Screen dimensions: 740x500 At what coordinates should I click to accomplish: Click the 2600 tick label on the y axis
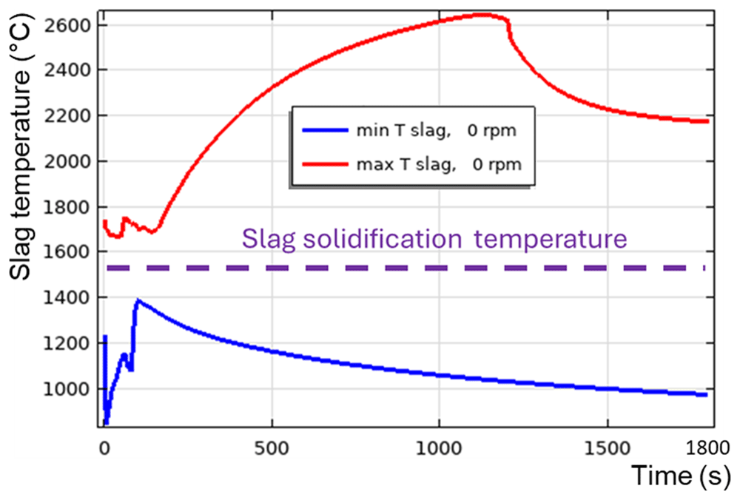point(67,25)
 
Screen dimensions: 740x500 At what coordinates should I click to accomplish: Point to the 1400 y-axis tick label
point(67,297)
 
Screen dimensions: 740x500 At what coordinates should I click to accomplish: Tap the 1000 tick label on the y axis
point(67,389)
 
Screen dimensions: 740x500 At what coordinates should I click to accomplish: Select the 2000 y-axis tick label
point(67,161)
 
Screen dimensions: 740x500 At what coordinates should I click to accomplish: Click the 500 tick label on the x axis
point(272,447)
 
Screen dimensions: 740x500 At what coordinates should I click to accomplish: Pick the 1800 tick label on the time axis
point(707,447)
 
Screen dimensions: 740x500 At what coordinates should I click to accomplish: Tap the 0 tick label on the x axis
point(104,447)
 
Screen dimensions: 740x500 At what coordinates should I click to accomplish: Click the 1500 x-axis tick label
point(608,447)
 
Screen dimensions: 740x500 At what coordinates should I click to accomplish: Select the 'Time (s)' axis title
point(681,476)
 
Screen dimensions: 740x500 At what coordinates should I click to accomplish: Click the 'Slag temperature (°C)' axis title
point(21,146)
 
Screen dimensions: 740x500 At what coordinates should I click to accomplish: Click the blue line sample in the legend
point(325,129)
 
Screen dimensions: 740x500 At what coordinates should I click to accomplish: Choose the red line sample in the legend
point(325,164)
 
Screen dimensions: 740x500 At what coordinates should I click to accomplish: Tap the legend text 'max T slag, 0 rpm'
point(439,164)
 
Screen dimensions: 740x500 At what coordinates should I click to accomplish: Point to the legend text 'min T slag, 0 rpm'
point(436,130)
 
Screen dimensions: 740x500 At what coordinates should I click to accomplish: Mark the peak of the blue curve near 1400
point(138,300)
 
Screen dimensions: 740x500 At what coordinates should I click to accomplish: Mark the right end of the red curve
point(707,121)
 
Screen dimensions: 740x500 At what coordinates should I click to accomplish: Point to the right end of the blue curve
point(706,395)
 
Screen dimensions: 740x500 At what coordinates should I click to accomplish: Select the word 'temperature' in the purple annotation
point(551,239)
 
